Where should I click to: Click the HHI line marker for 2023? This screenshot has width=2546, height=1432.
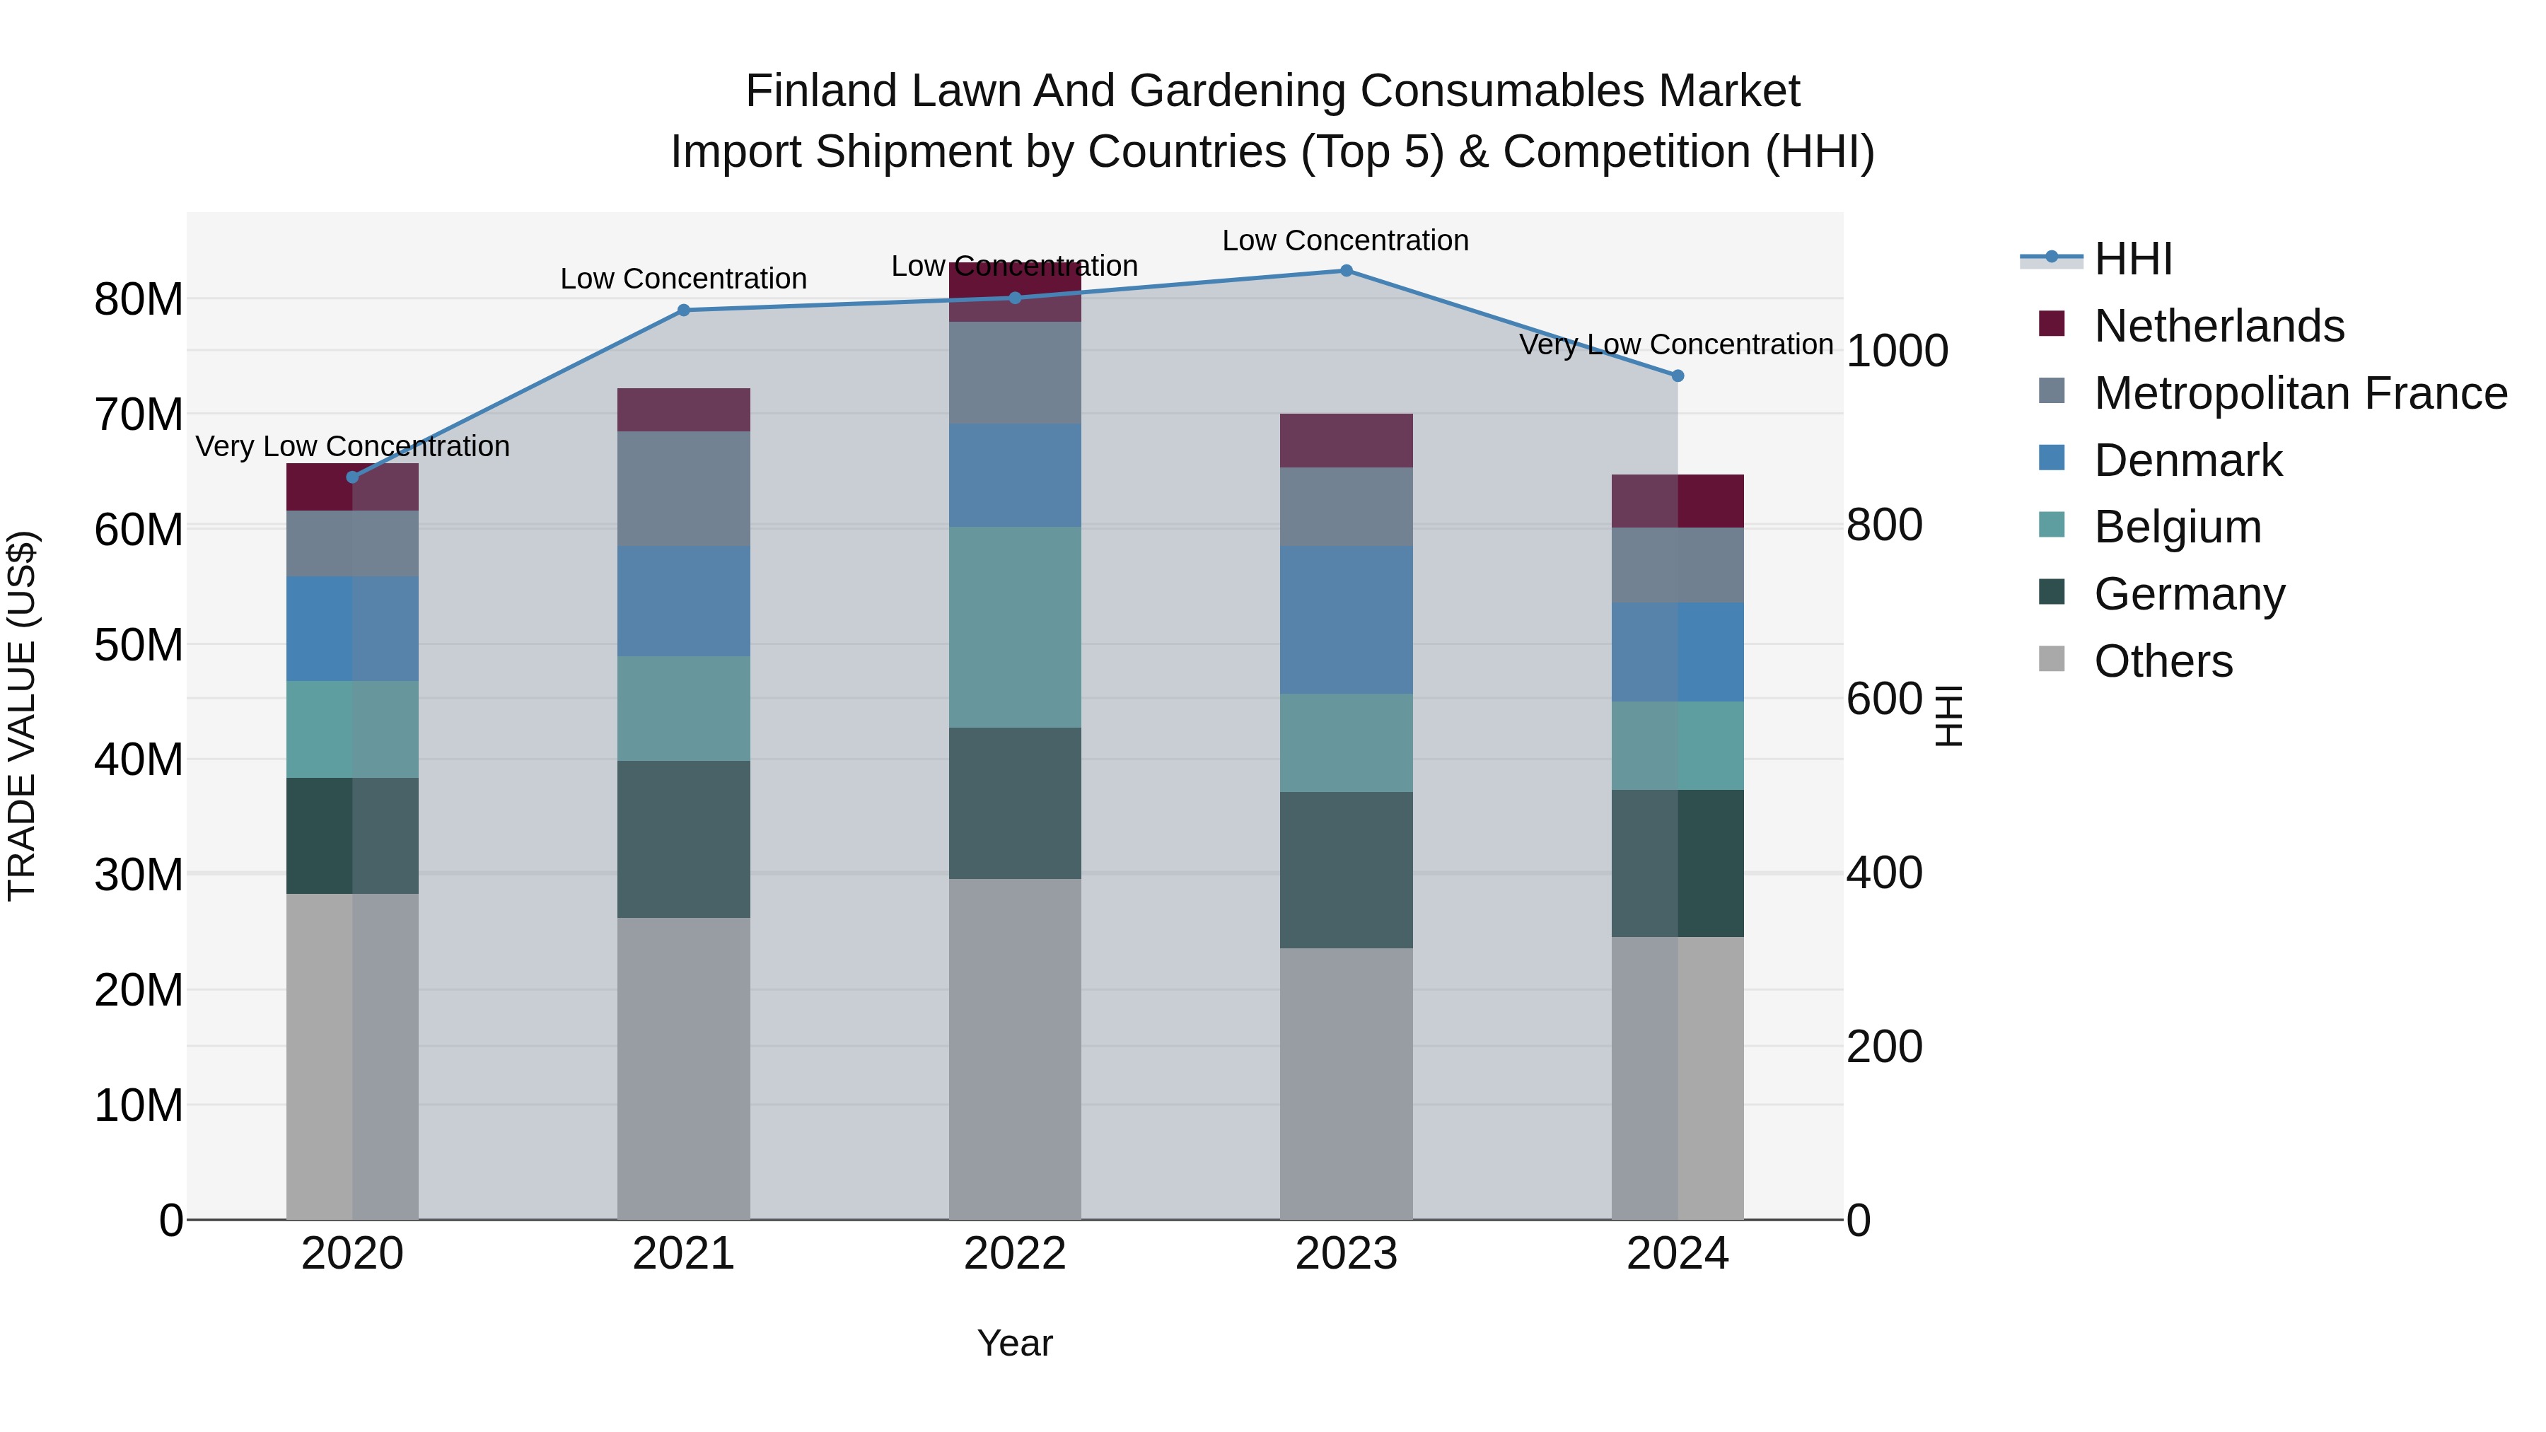(x=1345, y=271)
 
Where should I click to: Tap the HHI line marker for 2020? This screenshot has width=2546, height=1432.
(x=353, y=477)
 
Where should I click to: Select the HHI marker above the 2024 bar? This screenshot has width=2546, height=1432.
(x=1678, y=376)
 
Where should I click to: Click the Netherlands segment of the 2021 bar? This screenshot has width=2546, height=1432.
(x=683, y=410)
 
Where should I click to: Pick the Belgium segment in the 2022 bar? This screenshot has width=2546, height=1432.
(x=1014, y=627)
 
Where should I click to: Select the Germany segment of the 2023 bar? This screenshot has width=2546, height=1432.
(x=1345, y=870)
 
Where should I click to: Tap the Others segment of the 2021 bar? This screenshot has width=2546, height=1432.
(x=683, y=1067)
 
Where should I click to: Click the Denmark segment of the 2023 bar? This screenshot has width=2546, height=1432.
(x=1345, y=619)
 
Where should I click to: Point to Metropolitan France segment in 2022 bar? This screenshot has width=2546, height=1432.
(x=1014, y=373)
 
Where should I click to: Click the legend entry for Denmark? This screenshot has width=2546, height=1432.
(x=2187, y=460)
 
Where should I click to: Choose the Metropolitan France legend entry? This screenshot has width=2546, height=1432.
(x=2300, y=393)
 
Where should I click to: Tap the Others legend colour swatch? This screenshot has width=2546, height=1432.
(x=2052, y=659)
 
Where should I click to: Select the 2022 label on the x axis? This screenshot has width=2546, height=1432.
(x=1014, y=1254)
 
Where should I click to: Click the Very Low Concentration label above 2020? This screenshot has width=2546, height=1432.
(x=353, y=447)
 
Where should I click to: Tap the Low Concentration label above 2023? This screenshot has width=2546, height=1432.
(x=1345, y=241)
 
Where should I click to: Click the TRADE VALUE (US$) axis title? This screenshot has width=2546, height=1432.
(x=22, y=716)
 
